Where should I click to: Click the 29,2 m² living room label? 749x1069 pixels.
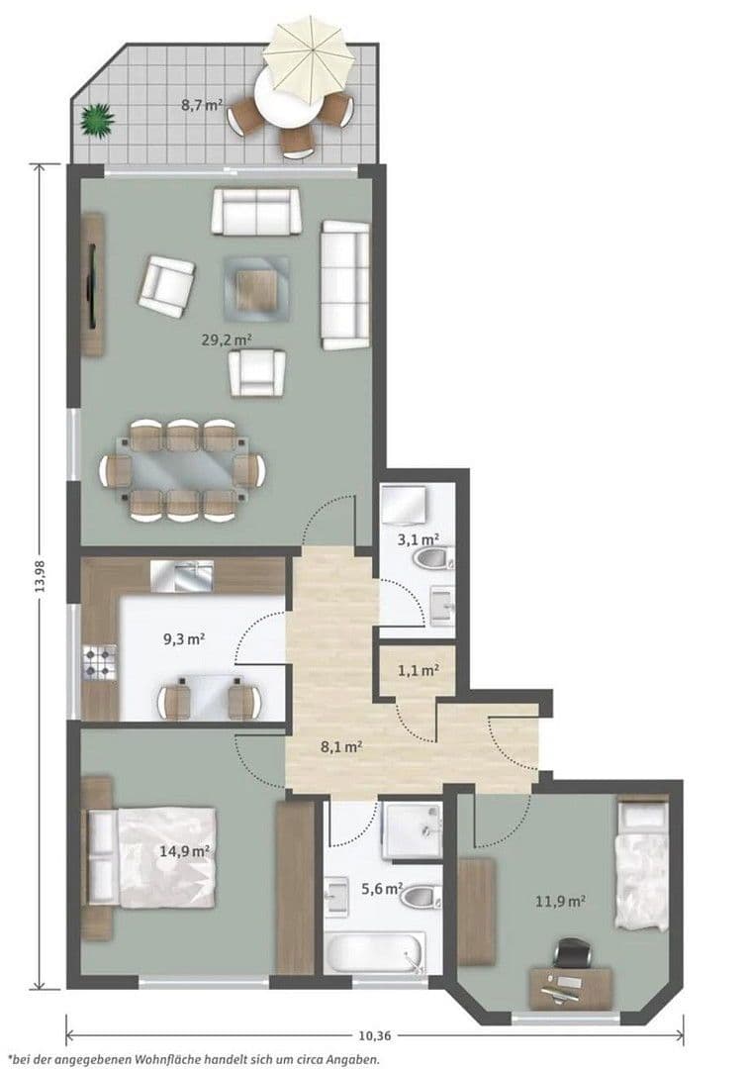tap(227, 339)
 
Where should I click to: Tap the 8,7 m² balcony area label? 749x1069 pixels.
tap(200, 104)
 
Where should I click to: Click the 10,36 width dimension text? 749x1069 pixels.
tap(373, 1035)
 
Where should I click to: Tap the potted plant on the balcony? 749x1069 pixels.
tap(98, 120)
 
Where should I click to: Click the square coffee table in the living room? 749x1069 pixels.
tap(256, 285)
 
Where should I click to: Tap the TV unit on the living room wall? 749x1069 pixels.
tap(92, 285)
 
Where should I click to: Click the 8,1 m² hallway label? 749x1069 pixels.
tap(340, 748)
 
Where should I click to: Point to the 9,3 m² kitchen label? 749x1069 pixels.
tap(183, 639)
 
